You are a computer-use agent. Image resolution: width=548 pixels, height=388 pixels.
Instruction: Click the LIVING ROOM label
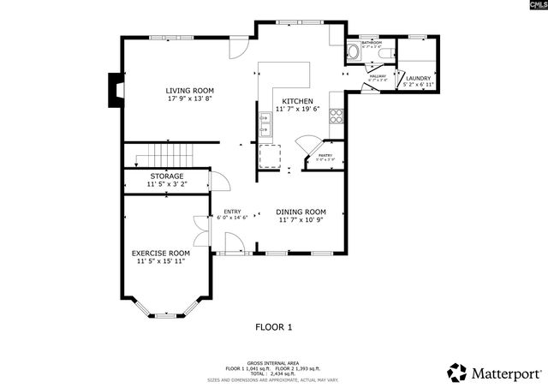189,90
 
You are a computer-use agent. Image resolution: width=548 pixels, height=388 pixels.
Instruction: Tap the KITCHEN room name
300,101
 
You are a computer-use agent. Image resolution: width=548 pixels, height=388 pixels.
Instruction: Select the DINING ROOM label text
301,212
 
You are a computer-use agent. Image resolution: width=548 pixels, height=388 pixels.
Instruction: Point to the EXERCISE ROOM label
160,254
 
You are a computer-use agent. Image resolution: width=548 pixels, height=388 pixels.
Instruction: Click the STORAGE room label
167,176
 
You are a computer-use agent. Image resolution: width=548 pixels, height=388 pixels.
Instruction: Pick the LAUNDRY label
418,78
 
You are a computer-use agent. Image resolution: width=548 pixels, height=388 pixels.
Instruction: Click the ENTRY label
232,212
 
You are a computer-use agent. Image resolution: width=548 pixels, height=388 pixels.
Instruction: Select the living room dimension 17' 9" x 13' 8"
189,98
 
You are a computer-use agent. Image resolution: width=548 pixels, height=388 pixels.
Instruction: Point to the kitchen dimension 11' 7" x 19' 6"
300,110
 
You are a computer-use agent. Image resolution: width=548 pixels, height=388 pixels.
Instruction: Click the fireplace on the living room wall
114,87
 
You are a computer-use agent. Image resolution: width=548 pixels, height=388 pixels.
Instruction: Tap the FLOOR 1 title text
274,326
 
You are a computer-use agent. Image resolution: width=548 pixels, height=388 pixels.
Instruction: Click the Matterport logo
495,373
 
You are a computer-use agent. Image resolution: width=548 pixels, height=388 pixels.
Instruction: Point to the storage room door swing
218,181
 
